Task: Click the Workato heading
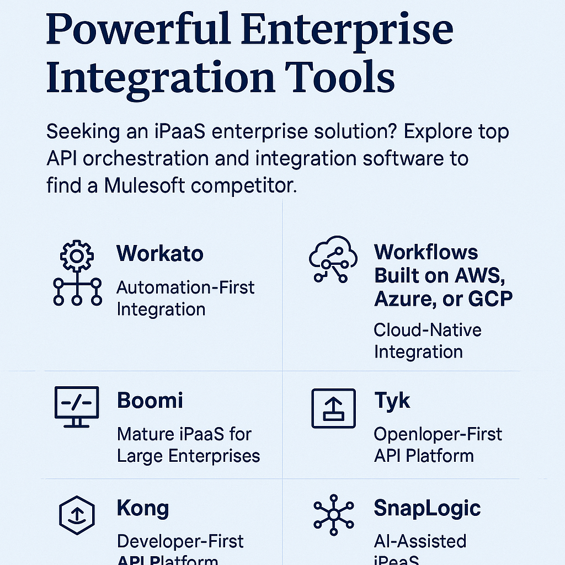tap(159, 254)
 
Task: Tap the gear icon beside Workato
tap(77, 255)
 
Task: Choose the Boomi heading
tap(150, 400)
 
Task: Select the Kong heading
tap(143, 508)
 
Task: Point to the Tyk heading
tap(392, 401)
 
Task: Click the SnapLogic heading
tap(427, 508)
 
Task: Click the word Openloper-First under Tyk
tap(438, 434)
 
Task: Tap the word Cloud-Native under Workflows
tap(428, 330)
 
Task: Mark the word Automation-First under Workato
tap(185, 287)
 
